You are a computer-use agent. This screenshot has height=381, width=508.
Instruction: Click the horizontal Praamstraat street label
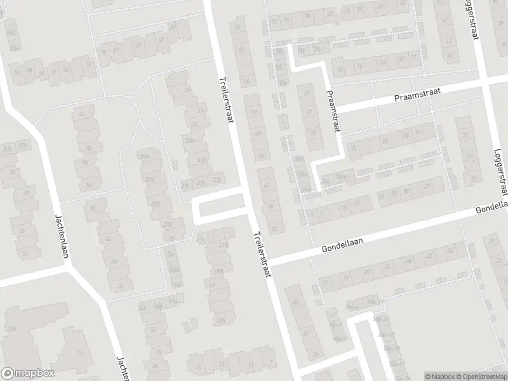pos(416,95)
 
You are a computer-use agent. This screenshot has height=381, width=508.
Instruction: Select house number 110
pos(12,328)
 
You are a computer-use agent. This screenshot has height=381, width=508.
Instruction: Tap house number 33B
pos(190,140)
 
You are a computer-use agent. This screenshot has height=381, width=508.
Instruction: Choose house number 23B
pos(168,225)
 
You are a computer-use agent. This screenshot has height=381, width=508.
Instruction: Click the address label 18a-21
pos(396,364)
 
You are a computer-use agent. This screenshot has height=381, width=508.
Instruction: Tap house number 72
pos(55,72)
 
